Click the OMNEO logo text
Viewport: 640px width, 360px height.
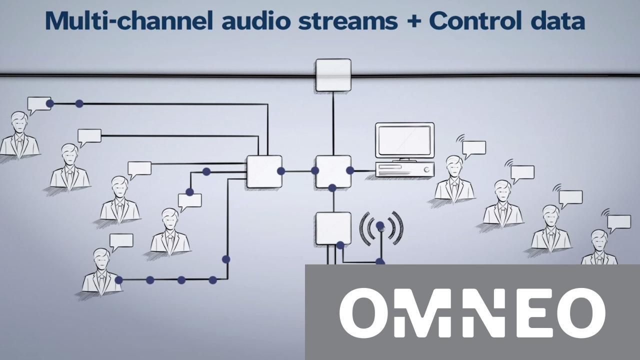point(472,312)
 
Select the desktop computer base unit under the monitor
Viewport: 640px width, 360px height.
point(404,169)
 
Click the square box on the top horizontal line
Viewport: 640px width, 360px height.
point(333,75)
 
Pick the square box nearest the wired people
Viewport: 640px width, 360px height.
point(264,171)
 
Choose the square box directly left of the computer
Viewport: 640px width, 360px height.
point(333,171)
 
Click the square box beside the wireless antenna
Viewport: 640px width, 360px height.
point(333,228)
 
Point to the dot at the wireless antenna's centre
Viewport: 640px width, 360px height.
point(380,225)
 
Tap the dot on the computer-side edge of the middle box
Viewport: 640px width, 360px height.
point(350,170)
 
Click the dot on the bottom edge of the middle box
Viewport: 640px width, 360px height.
point(332,188)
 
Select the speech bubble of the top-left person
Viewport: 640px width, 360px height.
point(39,104)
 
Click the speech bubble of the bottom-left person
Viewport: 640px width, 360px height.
point(121,241)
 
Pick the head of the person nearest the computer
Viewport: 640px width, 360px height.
point(454,165)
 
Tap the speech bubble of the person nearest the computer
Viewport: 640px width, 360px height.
point(474,147)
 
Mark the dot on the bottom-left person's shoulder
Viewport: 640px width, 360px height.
point(118,280)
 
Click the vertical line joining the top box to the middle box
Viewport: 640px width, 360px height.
point(333,123)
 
